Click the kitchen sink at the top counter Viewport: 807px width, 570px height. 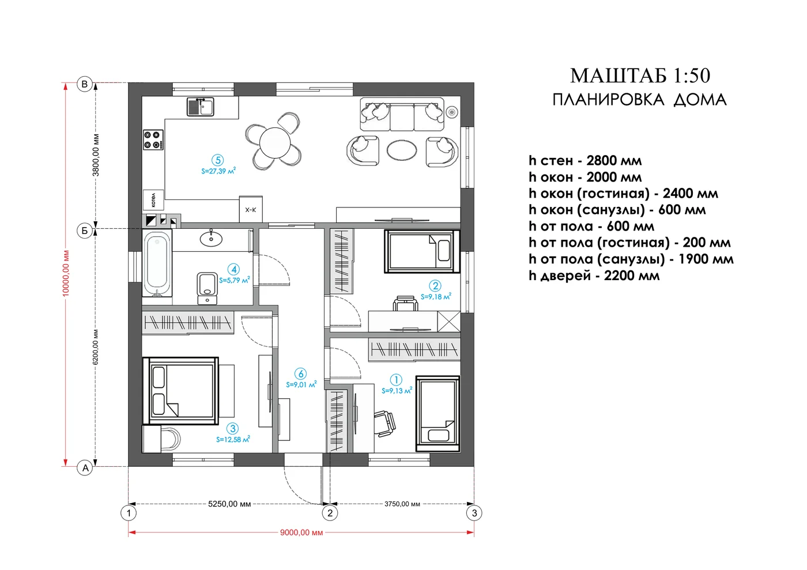coord(201,107)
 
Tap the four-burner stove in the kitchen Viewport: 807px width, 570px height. coord(153,140)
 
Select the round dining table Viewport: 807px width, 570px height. coord(275,143)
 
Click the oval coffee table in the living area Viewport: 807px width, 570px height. coord(402,149)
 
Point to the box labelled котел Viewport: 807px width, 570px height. coord(153,199)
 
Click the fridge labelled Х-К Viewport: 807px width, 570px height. coord(251,209)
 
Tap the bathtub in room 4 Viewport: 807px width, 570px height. coord(157,264)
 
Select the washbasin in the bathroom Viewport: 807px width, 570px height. coord(211,238)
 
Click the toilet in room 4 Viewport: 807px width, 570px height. coord(207,288)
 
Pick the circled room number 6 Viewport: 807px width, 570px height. coord(300,373)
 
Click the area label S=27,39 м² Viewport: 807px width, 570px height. coord(218,171)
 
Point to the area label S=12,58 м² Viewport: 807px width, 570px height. coord(233,439)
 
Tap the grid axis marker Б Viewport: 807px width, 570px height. coord(85,231)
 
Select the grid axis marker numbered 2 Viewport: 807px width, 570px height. coord(330,513)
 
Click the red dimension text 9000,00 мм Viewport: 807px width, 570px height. coord(301,533)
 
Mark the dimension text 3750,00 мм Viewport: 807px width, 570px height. coord(402,504)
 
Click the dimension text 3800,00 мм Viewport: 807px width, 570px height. coord(96,155)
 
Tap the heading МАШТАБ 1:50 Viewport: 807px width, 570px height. coord(640,76)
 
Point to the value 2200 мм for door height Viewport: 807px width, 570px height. coord(632,275)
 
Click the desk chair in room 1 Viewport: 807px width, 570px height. coord(385,424)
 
